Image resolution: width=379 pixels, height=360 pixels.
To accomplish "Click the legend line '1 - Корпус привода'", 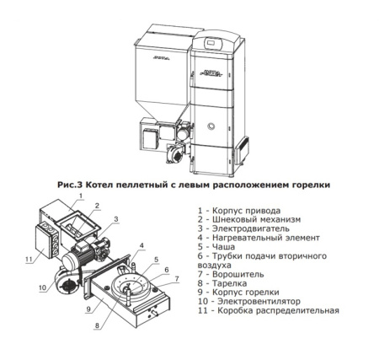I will (x=236, y=210).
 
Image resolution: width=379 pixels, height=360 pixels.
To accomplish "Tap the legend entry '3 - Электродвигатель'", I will (x=239, y=230).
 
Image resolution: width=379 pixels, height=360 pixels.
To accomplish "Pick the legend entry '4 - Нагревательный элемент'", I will (x=251, y=240).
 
